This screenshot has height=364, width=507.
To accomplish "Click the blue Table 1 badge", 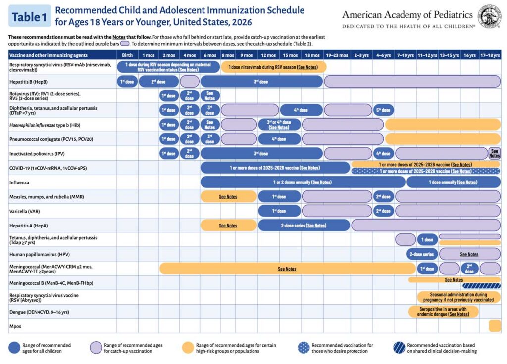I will tap(29, 16).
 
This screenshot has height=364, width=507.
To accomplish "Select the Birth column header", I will tap(127, 55).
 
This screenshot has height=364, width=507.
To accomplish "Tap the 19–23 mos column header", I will tap(337, 55).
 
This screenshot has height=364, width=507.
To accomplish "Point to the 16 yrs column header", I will tap(469, 55).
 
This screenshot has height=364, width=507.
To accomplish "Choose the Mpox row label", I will tap(16, 326).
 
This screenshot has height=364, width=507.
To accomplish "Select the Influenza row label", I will tap(20, 182).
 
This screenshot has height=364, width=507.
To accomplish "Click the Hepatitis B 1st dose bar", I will tap(127, 82).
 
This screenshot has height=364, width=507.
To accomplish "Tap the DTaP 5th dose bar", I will tap(383, 110).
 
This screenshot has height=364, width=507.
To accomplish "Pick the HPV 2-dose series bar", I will tap(421, 254).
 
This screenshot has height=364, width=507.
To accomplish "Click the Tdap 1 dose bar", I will tap(427, 240).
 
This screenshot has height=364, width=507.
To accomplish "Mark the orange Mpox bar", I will tap(494, 326).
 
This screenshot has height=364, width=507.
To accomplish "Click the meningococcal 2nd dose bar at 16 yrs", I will tap(469, 269).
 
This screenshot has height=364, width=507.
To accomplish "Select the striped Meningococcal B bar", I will tap(481, 286).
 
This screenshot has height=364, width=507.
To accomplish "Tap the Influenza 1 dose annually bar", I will tap(453, 182).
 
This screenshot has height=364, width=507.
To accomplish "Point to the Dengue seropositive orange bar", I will tap(444, 312).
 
